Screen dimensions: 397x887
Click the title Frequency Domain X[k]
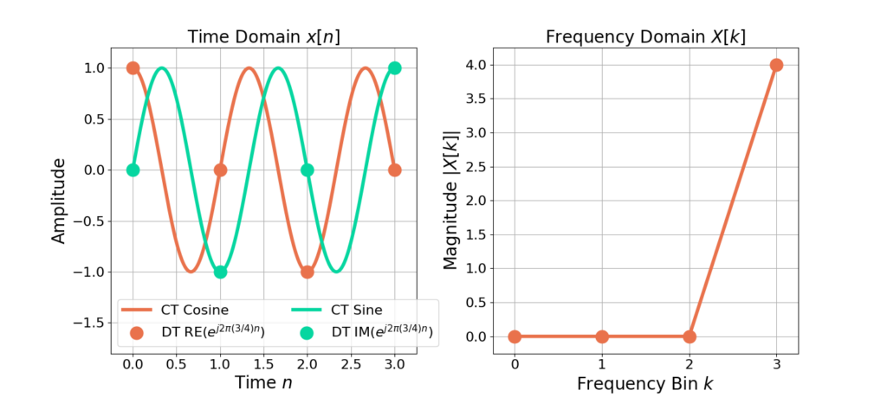(644, 37)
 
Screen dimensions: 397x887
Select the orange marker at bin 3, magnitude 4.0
(776, 65)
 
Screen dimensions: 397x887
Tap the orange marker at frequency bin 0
(515, 336)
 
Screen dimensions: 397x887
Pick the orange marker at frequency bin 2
(690, 336)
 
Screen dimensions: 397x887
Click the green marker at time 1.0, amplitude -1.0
(220, 272)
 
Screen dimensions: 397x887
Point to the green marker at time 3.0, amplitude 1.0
(395, 67)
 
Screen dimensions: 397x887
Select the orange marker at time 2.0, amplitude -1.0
(308, 272)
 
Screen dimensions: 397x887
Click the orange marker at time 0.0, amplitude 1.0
(133, 67)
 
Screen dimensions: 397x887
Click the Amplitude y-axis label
(59, 200)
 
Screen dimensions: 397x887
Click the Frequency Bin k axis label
(644, 381)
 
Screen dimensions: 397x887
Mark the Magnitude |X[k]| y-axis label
(451, 200)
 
